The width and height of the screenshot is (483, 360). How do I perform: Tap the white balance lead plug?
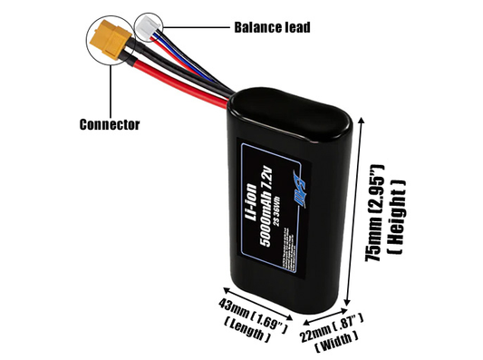pos(148,26)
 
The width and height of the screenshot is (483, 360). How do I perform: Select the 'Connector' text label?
pos(109,124)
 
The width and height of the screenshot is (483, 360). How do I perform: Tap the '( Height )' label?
pos(396,210)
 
